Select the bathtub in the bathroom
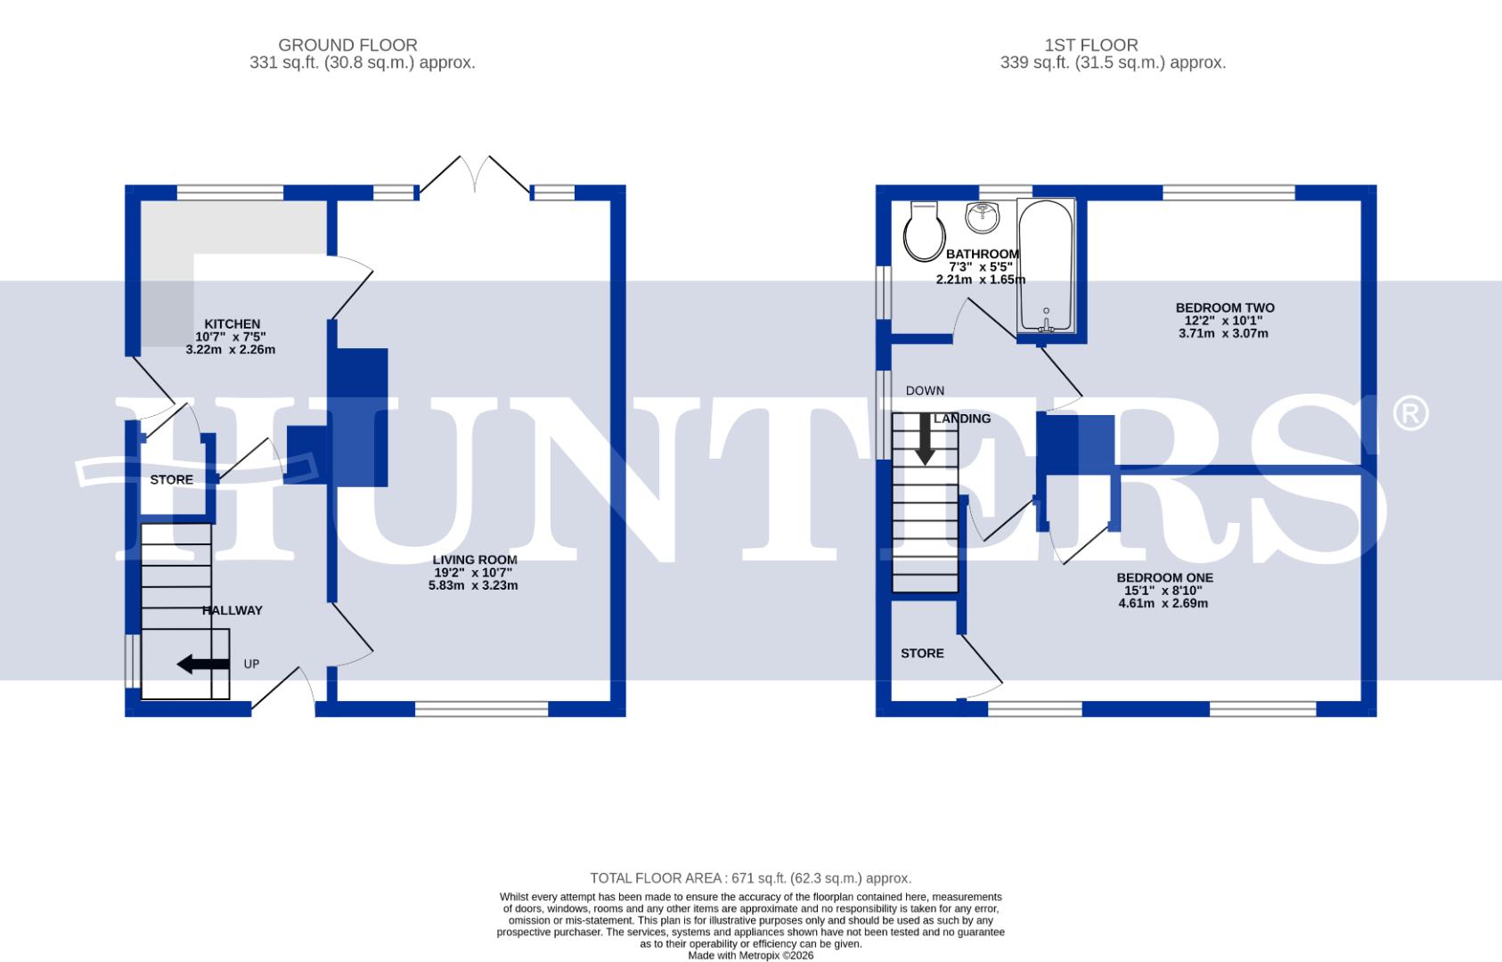(x=1047, y=267)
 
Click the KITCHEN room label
(x=232, y=324)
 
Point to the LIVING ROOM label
(x=475, y=560)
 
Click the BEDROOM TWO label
(x=1225, y=308)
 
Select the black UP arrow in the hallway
(x=202, y=664)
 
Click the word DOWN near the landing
(x=925, y=391)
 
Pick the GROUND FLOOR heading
(x=347, y=45)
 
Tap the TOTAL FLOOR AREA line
(x=750, y=878)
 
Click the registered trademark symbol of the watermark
(x=1409, y=414)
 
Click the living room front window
(x=481, y=709)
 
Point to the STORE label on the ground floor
(x=171, y=480)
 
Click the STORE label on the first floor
(x=922, y=654)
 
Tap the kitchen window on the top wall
(x=230, y=192)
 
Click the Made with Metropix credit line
(x=750, y=956)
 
